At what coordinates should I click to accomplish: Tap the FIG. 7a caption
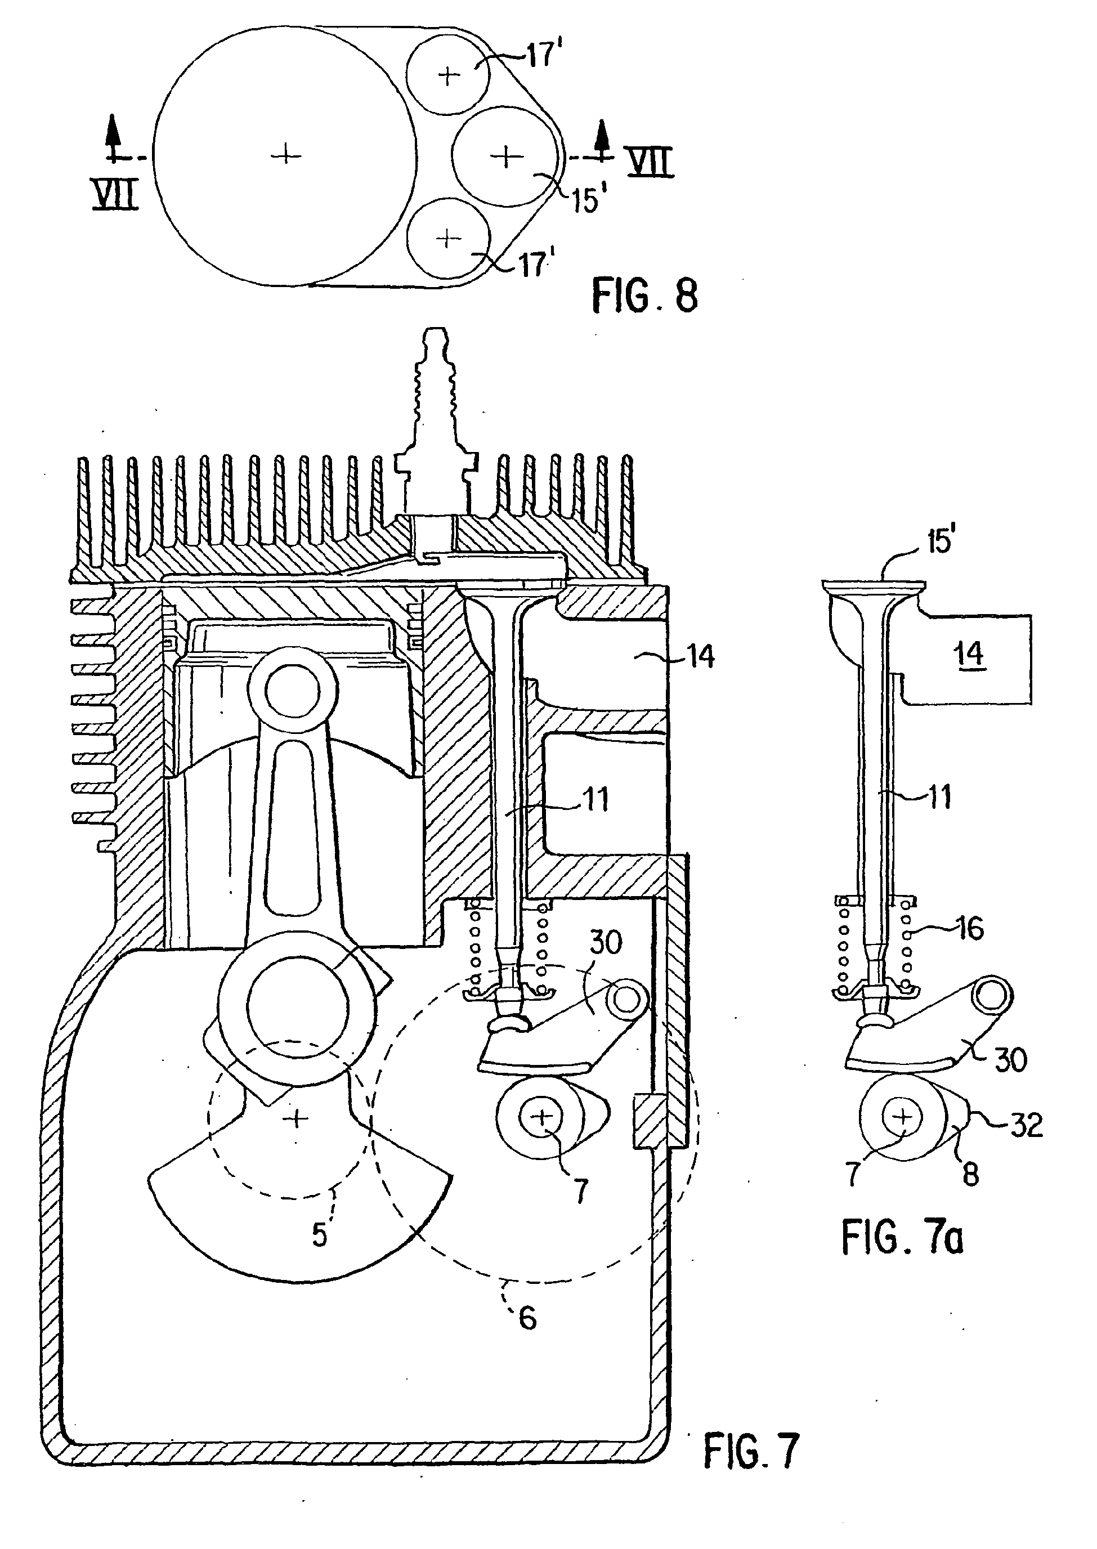pyautogui.click(x=902, y=1238)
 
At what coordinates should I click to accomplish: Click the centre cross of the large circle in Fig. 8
pyautogui.click(x=286, y=156)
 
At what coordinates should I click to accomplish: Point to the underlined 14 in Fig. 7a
pyautogui.click(x=969, y=654)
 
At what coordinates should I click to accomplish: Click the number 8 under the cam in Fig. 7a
pyautogui.click(x=970, y=1174)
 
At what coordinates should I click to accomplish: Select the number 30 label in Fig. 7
pyautogui.click(x=605, y=942)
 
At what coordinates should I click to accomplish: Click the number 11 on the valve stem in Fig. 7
pyautogui.click(x=594, y=799)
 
